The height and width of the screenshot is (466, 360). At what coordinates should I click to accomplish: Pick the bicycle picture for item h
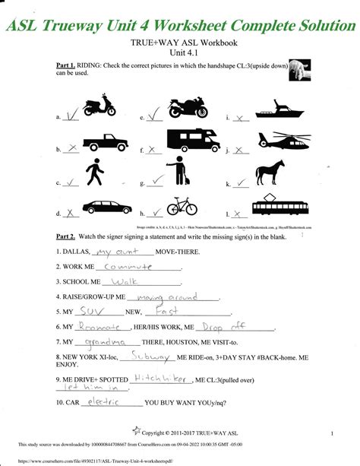pos(182,206)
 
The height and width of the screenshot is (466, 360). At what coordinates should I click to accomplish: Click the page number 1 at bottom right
pos(333,433)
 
